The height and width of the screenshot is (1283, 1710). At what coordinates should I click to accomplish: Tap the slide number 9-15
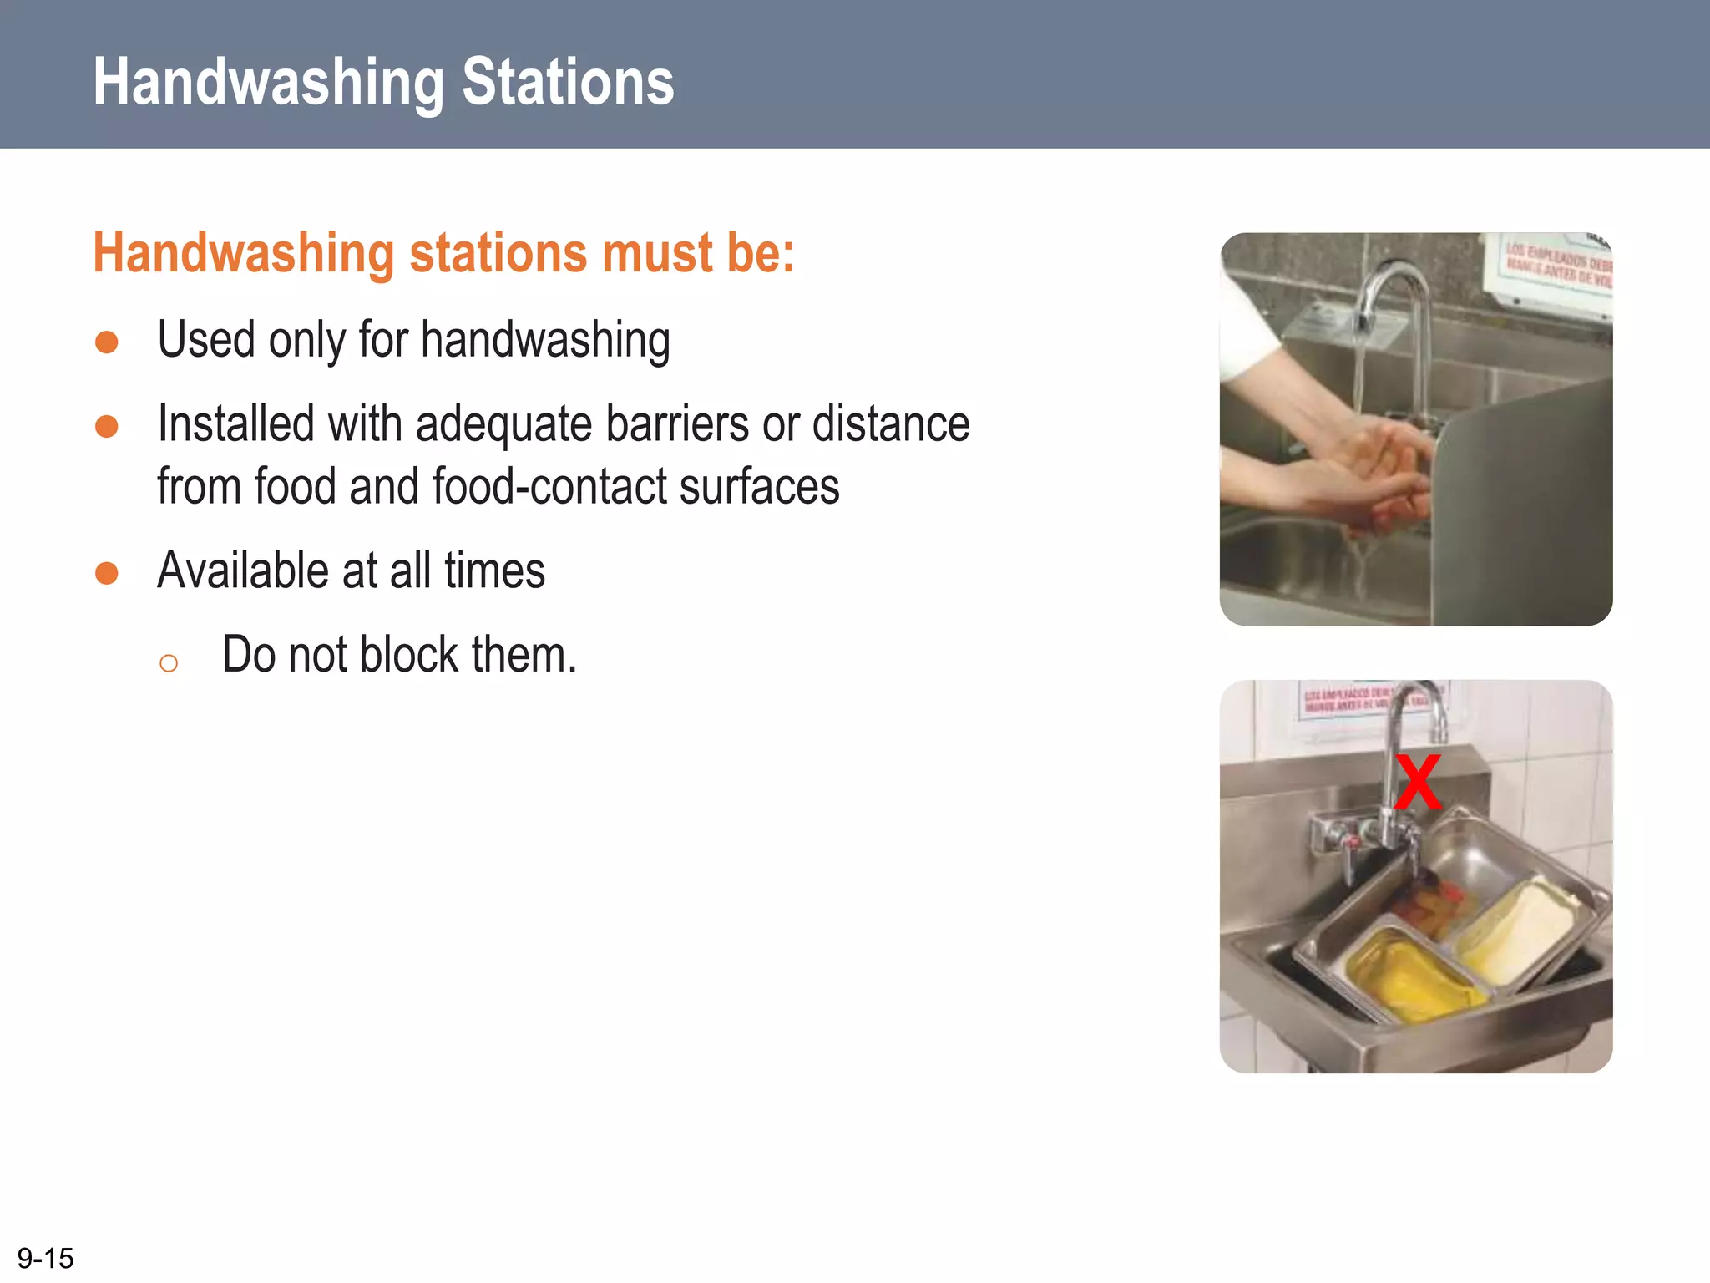pyautogui.click(x=45, y=1258)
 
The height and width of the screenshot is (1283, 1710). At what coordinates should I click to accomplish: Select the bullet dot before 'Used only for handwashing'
pyautogui.click(x=107, y=342)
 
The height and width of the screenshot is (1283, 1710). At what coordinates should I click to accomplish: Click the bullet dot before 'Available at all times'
pyautogui.click(x=107, y=573)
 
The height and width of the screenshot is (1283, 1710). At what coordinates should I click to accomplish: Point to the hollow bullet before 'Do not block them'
pyautogui.click(x=168, y=663)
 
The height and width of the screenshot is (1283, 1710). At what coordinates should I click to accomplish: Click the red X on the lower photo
pyautogui.click(x=1419, y=782)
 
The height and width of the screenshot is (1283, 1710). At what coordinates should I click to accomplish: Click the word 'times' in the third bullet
pyautogui.click(x=494, y=571)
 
